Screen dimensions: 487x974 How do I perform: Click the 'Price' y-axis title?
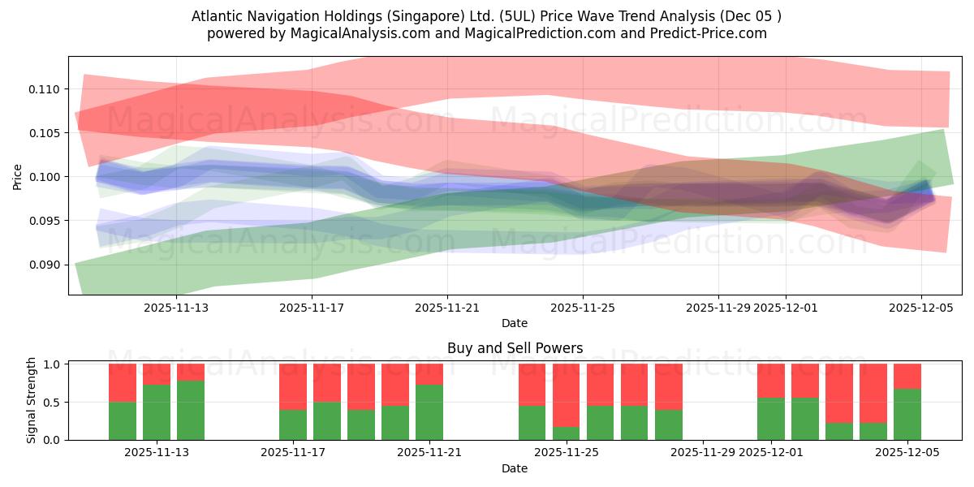pos(18,177)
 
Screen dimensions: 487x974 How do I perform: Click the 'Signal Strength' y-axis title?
pos(32,401)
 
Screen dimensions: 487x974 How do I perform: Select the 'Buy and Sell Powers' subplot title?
pos(515,348)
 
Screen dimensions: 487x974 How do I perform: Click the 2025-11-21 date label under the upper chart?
pos(447,308)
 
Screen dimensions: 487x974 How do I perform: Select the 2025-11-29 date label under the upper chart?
pos(718,308)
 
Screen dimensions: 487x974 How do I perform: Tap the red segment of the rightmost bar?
pos(907,376)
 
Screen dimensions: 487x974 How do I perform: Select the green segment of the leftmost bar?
pos(123,420)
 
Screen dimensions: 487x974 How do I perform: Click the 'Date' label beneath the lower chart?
pos(515,468)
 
